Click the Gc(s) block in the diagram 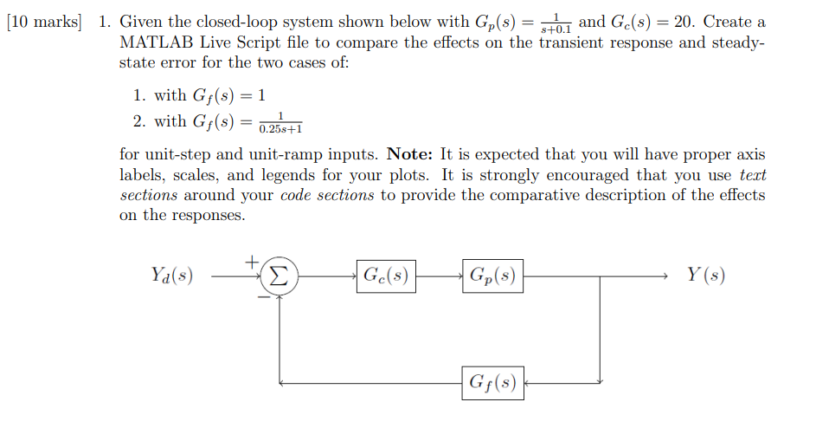point(386,276)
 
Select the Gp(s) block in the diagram point(492,276)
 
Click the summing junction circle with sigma point(279,276)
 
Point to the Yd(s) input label point(170,276)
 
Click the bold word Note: point(411,155)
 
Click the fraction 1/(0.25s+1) point(280,123)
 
